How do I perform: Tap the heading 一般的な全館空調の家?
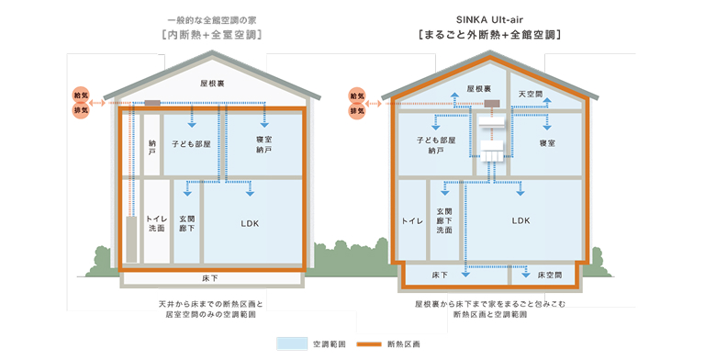(212, 19)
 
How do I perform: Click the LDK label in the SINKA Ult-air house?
(520, 220)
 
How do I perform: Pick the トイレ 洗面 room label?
(155, 222)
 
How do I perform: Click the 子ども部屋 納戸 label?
(434, 144)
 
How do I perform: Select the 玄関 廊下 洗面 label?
(445, 220)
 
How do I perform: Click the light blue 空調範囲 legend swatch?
(291, 343)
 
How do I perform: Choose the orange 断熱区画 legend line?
(368, 343)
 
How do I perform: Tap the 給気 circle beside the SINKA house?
(356, 96)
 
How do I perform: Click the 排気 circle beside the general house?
(81, 110)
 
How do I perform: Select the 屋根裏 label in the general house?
(212, 84)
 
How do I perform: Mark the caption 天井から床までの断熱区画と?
(211, 302)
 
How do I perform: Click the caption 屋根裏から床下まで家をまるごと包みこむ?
(489, 302)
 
